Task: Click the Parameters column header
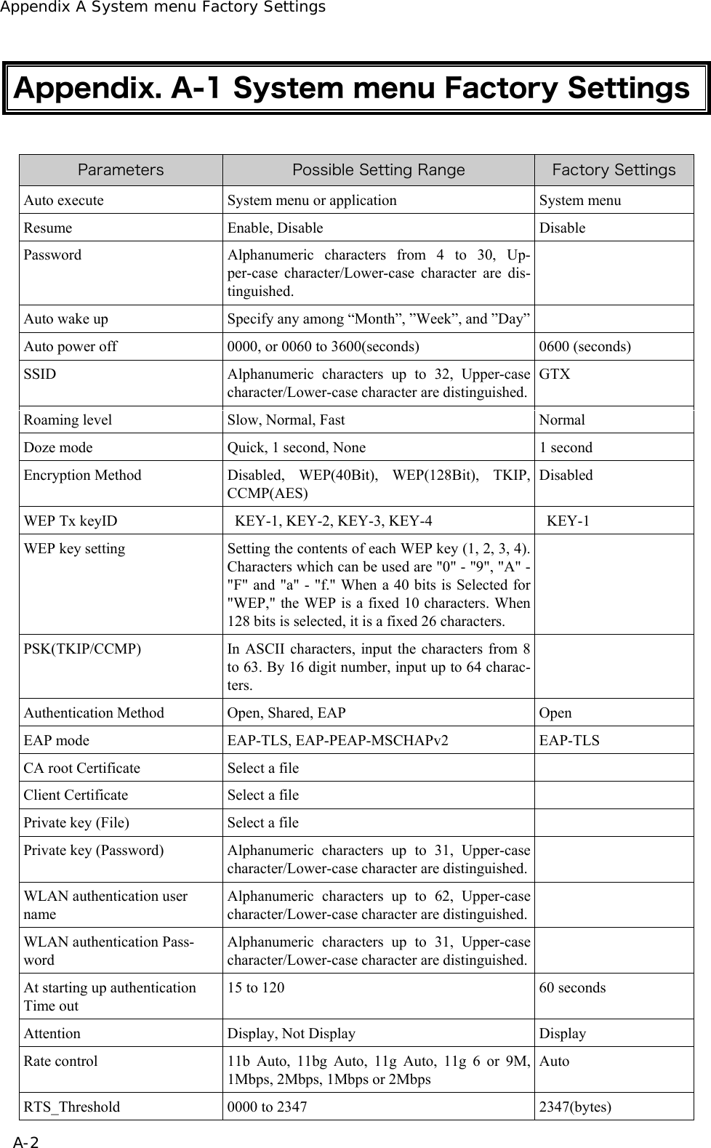(121, 170)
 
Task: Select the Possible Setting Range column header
(378, 170)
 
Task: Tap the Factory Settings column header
(614, 170)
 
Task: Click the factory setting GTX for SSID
(555, 374)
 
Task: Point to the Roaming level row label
(68, 420)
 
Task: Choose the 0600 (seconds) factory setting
(585, 346)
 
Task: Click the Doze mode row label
(58, 447)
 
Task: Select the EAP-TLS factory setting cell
(569, 740)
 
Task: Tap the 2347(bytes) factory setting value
(575, 1107)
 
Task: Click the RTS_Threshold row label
(72, 1107)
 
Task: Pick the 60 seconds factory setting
(572, 987)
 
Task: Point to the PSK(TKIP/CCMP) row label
(83, 649)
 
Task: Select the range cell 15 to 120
(256, 987)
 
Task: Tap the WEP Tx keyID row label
(70, 521)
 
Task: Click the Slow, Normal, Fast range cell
(286, 420)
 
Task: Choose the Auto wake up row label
(66, 318)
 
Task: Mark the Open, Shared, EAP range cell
(286, 713)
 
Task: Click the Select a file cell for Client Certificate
(263, 795)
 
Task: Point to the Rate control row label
(60, 1061)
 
